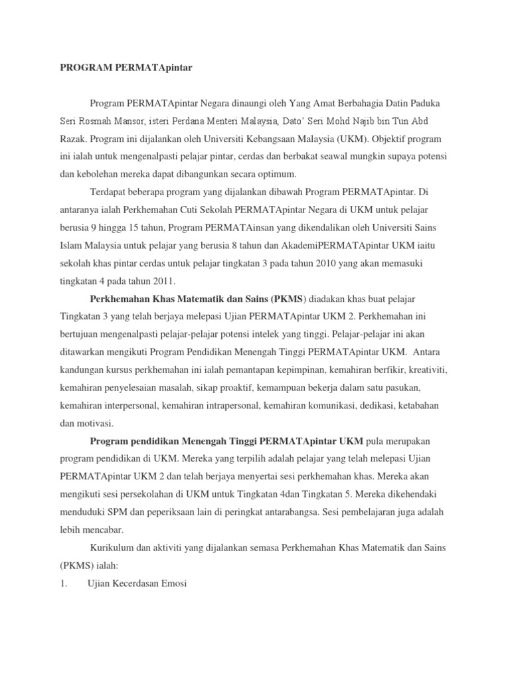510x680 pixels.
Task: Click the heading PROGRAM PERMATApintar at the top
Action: coord(126,67)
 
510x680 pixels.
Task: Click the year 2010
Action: coord(345,262)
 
